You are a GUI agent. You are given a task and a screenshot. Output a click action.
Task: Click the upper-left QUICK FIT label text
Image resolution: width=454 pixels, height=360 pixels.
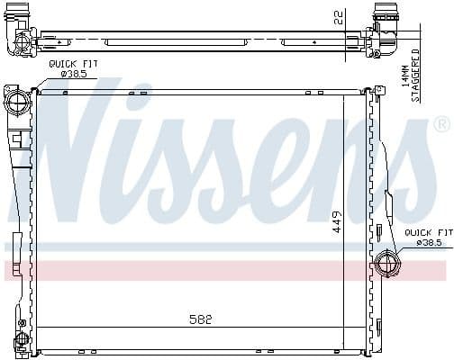pos(75,63)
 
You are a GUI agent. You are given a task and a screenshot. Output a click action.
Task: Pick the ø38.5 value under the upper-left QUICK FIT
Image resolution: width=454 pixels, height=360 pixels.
pos(74,73)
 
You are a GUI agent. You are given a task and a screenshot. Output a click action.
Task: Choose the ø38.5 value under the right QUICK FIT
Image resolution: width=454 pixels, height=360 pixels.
pos(427,243)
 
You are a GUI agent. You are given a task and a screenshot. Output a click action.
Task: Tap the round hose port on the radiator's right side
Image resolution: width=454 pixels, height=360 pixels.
pos(386,265)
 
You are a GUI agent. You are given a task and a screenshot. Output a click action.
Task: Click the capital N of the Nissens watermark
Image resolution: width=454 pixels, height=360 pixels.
pos(81,153)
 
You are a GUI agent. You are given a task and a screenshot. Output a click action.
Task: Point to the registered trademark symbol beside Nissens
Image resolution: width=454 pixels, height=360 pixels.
pos(441,122)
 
